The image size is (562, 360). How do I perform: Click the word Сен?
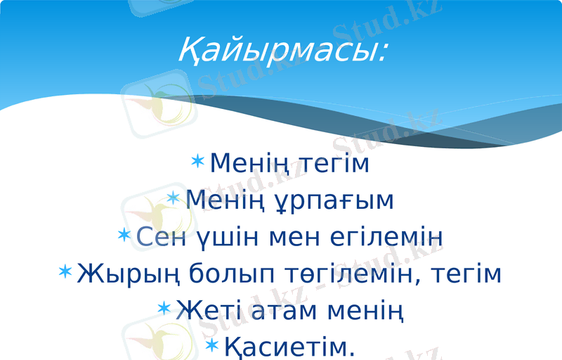coord(162,238)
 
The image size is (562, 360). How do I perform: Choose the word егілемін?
coord(386,238)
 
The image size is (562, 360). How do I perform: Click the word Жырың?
coord(131,274)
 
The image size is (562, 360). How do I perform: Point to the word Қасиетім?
coord(290,346)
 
